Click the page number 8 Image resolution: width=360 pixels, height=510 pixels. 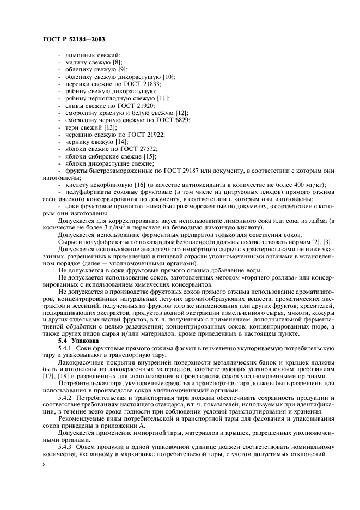click(43, 465)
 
